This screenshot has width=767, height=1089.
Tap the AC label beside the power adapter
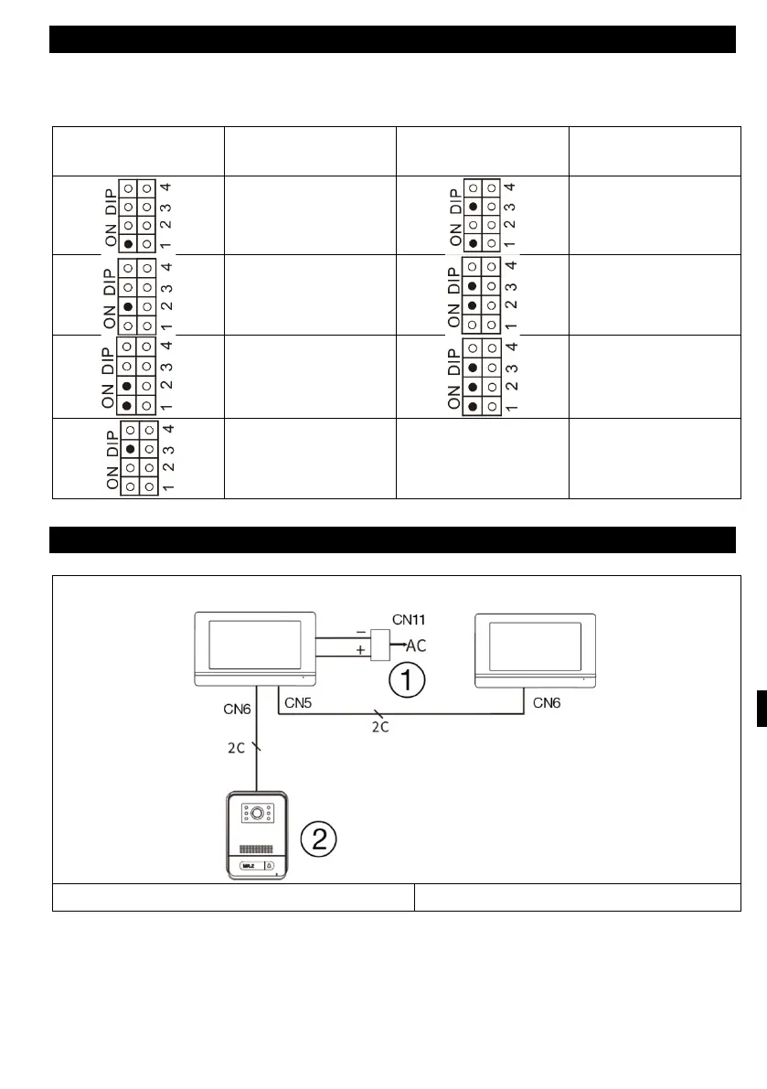(416, 646)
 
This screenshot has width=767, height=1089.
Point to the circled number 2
(319, 838)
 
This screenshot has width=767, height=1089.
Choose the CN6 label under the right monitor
(548, 702)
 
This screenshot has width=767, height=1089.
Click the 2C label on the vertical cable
(235, 746)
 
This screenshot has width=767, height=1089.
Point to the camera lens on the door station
(258, 813)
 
